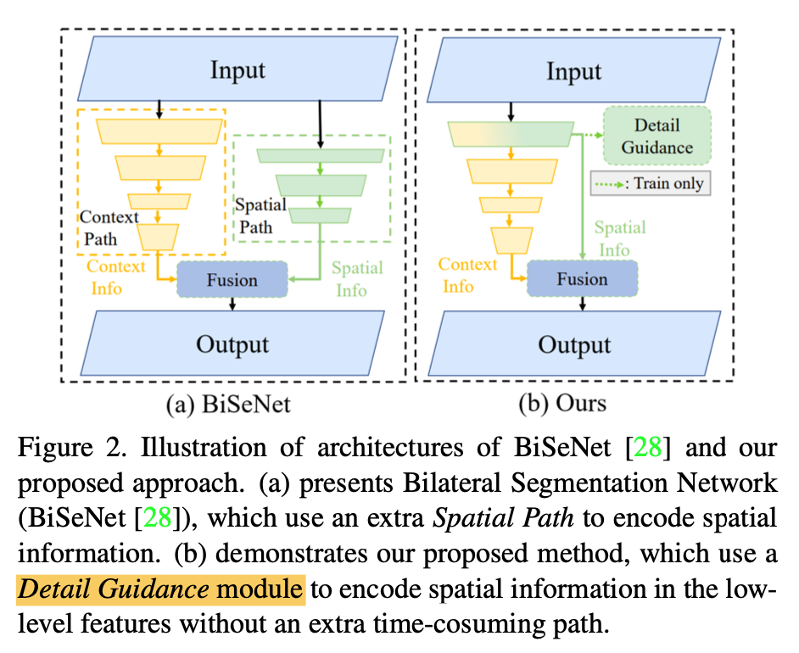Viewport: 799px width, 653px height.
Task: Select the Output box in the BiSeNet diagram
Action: point(232,344)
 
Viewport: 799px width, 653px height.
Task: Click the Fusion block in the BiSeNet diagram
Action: point(232,279)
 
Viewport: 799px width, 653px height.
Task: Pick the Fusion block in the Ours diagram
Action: point(582,279)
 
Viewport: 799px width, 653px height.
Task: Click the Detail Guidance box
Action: point(657,137)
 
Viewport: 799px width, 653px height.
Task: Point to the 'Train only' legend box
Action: point(650,182)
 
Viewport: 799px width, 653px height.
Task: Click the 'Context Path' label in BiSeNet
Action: point(109,227)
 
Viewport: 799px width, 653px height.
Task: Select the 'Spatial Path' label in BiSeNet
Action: point(261,216)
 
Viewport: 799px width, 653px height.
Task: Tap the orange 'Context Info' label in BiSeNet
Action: point(116,277)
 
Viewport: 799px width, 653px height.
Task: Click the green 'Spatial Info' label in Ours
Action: point(619,238)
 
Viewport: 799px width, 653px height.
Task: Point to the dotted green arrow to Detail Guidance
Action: point(586,134)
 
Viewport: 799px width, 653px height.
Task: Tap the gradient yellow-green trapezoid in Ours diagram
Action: point(509,133)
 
